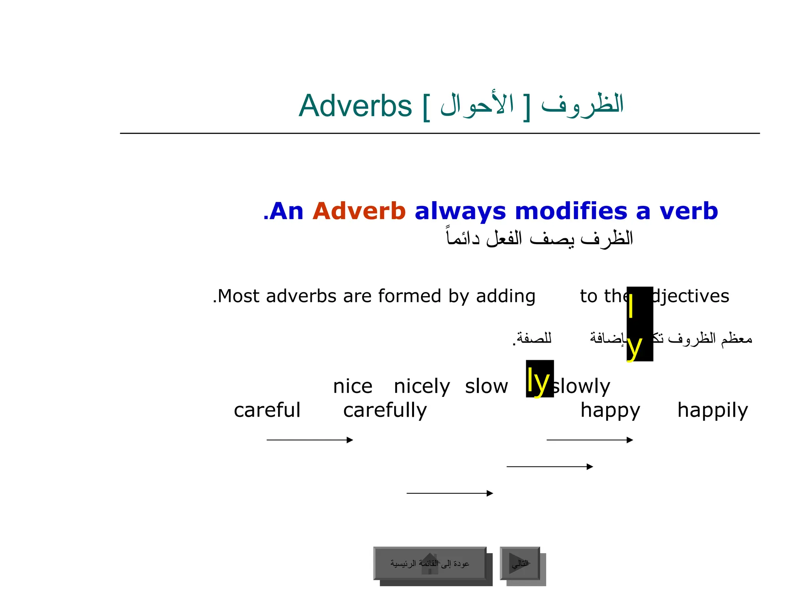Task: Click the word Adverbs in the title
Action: (355, 106)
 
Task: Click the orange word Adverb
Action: (359, 211)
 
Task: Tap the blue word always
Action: (461, 211)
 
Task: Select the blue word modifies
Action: (571, 211)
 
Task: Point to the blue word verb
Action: (689, 211)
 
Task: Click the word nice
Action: (352, 387)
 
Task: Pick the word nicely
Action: (421, 387)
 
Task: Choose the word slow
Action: (486, 387)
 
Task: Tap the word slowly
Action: (581, 387)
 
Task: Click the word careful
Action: (267, 410)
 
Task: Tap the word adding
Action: (505, 296)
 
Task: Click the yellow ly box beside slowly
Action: (539, 379)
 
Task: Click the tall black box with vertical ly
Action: (639, 324)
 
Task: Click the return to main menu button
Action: (430, 564)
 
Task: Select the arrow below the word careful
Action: (309, 440)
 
